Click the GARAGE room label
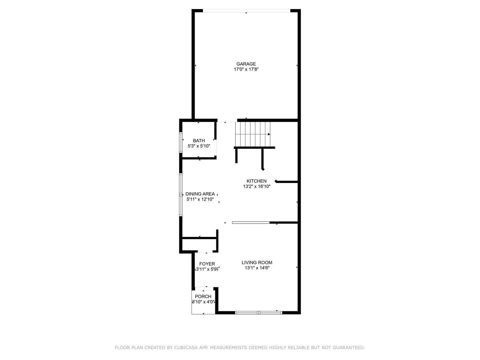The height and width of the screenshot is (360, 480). click(246, 64)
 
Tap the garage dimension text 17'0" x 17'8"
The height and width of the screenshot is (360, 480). click(246, 70)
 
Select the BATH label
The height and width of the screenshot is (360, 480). click(199, 141)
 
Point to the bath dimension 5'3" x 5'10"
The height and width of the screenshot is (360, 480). click(199, 146)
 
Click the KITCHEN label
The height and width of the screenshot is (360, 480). click(256, 181)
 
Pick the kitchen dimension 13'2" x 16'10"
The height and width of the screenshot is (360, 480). click(256, 187)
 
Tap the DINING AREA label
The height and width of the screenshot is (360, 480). click(200, 194)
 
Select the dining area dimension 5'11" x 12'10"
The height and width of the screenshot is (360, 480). click(200, 200)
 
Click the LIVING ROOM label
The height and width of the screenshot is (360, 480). click(257, 263)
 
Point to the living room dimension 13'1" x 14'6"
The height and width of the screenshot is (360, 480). click(257, 268)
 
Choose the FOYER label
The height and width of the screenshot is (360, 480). click(207, 264)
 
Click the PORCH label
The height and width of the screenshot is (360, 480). click(203, 297)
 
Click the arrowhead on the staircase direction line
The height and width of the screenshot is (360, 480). click(269, 134)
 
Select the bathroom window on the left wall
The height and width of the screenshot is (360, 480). click(181, 143)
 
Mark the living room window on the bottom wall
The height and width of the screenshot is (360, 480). click(258, 313)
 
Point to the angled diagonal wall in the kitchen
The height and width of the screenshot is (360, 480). click(269, 175)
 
